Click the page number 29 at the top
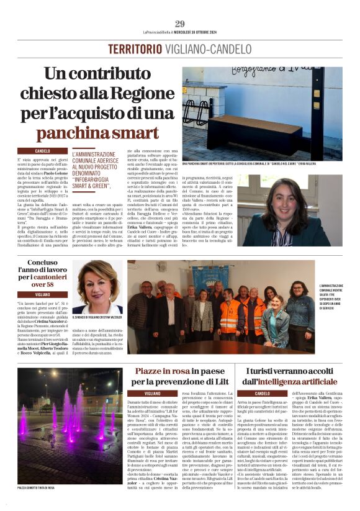pyautogui.click(x=180, y=24)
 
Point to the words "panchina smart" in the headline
pyautogui.click(x=97, y=133)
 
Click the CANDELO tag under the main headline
pyautogui.click(x=43, y=151)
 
